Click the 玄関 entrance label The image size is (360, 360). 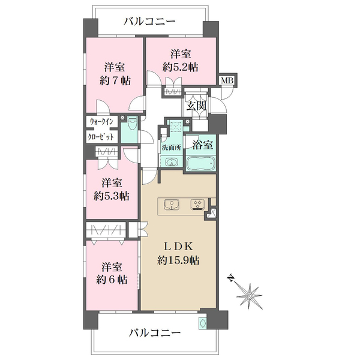point(196,107)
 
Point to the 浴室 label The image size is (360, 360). point(199,145)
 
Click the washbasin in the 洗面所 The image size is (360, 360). point(171,163)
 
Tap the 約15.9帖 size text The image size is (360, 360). point(179,260)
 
